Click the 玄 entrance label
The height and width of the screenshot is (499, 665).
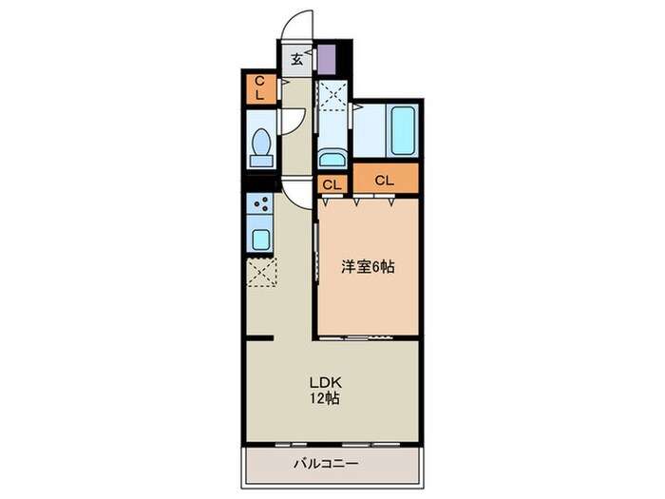[296, 58]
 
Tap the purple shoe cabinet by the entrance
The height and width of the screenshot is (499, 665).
[327, 59]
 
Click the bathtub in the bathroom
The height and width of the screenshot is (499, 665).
[402, 131]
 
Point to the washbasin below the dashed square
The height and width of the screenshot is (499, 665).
[332, 159]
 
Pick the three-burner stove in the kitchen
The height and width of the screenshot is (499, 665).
[260, 203]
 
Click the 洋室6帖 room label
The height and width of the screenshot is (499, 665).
[368, 267]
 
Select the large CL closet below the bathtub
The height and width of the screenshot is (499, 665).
[384, 180]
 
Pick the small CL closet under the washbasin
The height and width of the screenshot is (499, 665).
[332, 184]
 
